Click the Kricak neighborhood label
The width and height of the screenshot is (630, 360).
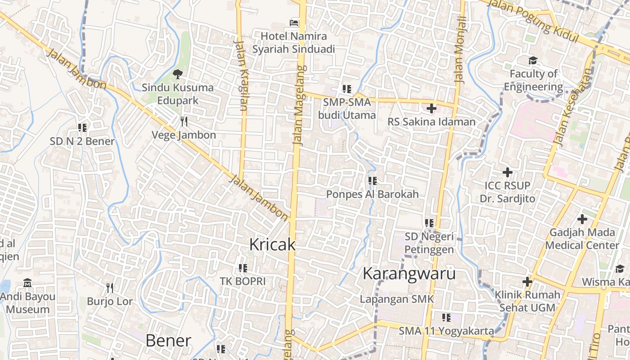(x=272, y=244)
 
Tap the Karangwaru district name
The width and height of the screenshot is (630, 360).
(x=409, y=274)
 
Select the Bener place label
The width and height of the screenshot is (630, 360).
(x=168, y=341)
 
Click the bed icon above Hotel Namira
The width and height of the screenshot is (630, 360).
(x=294, y=22)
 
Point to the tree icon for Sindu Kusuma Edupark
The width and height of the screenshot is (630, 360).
(x=178, y=73)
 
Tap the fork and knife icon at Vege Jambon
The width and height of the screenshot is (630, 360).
(x=184, y=121)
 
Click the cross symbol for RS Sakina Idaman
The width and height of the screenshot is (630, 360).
(x=431, y=108)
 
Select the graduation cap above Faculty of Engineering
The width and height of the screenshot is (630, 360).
(x=533, y=60)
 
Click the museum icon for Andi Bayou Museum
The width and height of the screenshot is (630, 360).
(x=27, y=283)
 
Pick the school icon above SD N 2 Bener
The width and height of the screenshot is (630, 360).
(x=82, y=128)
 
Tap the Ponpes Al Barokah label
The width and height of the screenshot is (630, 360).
(x=372, y=194)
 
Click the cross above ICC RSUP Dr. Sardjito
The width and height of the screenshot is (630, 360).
(x=507, y=172)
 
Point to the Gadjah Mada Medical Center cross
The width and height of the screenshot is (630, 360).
(x=582, y=219)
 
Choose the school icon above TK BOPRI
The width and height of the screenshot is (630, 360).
(x=243, y=268)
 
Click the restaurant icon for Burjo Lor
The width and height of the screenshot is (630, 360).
(x=109, y=288)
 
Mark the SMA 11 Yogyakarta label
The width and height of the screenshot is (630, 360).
(x=446, y=331)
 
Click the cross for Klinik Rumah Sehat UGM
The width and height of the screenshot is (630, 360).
(x=527, y=282)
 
